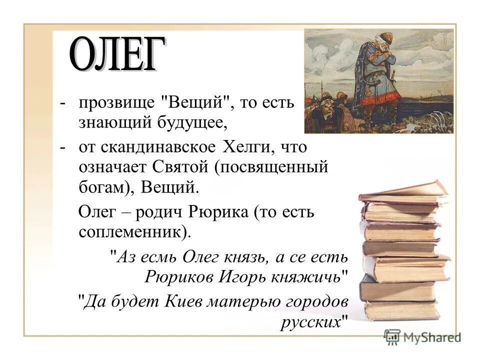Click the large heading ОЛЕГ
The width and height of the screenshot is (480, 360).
coord(116,54)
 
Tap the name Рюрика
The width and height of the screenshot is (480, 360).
coord(218,212)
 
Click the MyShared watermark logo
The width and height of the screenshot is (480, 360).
coord(422,336)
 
